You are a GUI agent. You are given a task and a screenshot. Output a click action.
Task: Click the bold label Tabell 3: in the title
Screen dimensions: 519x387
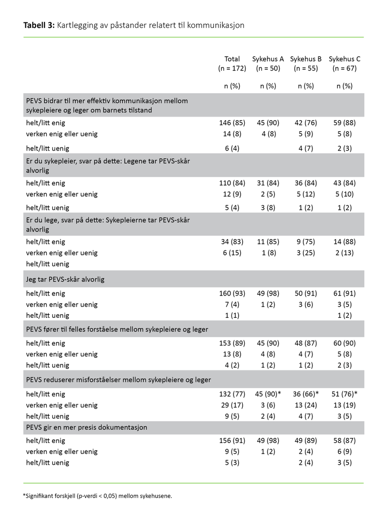coord(39,25)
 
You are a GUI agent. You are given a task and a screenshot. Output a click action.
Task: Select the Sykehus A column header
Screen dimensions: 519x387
coord(268,59)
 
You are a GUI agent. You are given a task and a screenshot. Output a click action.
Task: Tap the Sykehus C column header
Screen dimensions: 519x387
coord(344,59)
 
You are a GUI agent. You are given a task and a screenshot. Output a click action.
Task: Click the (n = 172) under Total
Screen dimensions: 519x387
coord(232,68)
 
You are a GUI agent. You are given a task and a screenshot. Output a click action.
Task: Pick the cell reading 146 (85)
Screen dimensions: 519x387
coord(232,122)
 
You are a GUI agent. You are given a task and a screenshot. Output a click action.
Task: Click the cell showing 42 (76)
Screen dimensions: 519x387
coord(306,122)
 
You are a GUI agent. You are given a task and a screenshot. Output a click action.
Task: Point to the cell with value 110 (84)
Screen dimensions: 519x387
coord(232,183)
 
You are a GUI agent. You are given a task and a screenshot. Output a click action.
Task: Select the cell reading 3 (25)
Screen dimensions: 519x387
coord(306,252)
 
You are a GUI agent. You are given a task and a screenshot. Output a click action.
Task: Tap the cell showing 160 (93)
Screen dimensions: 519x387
coord(232,293)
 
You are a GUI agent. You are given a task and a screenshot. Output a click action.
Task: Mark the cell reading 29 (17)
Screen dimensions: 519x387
coord(232,405)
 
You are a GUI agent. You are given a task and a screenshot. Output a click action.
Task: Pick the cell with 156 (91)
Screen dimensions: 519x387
coord(232,441)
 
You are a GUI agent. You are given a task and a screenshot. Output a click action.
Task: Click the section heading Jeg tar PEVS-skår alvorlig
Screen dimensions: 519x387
coord(65,279)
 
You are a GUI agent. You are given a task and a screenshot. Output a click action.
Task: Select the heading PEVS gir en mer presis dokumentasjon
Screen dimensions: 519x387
coord(87,427)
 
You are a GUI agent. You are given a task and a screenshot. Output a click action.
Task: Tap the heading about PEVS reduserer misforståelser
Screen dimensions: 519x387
coord(118,380)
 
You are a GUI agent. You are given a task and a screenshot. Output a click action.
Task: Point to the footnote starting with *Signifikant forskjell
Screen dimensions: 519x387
coord(97,495)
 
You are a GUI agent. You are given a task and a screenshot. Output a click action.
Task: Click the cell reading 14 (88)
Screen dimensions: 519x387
coord(344,242)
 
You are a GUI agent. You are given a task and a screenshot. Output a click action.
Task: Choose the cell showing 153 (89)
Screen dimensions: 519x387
coord(232,343)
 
